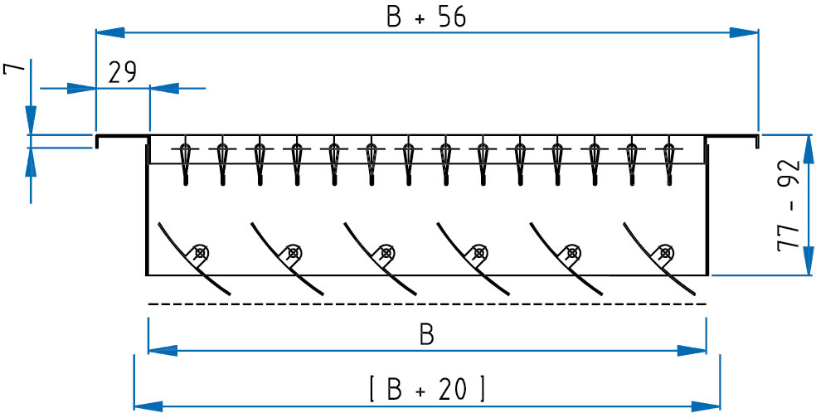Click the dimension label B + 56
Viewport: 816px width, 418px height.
(426, 17)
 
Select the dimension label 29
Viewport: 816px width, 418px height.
(122, 72)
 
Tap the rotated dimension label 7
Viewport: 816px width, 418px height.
(14, 69)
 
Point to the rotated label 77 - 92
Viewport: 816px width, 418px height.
(789, 207)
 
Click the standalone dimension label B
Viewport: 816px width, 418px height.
(427, 336)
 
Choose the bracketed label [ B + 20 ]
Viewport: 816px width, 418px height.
(427, 388)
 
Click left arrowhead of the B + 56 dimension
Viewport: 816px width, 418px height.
(110, 33)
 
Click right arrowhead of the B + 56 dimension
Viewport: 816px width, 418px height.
(744, 33)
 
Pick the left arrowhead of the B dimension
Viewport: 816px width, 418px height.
(163, 350)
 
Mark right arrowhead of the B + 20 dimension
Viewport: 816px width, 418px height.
(706, 406)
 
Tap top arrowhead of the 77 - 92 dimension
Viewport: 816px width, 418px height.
(809, 149)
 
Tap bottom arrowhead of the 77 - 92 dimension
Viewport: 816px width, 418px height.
(809, 260)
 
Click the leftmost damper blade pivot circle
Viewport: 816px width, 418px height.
(200, 253)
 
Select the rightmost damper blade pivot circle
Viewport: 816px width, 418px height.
(664, 253)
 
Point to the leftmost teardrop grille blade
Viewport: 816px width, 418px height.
(185, 163)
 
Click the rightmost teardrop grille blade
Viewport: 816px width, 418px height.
(669, 163)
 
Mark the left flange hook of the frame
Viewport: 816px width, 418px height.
(122, 138)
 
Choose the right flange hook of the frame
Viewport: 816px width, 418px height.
(731, 138)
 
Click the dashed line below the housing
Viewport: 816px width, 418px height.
(427, 304)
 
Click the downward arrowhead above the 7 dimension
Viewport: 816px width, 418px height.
(32, 119)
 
